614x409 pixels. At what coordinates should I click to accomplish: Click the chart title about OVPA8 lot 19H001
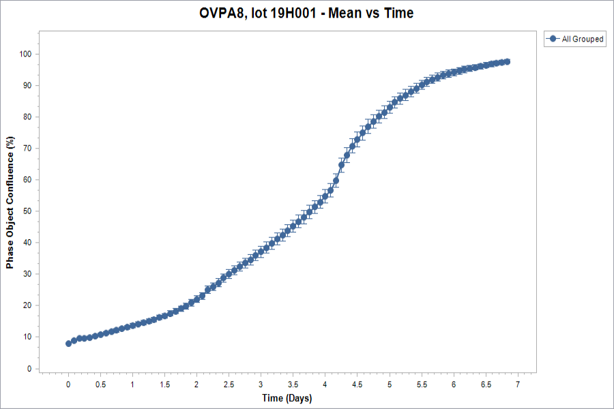pyautogui.click(x=306, y=13)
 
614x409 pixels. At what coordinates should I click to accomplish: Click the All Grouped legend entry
pyautogui.click(x=575, y=39)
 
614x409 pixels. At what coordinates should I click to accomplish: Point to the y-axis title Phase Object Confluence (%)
pyautogui.click(x=10, y=202)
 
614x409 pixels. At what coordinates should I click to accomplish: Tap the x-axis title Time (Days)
pyautogui.click(x=287, y=398)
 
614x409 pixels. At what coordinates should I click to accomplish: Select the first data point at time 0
pyautogui.click(x=68, y=344)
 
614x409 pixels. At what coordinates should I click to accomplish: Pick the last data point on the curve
pyautogui.click(x=507, y=62)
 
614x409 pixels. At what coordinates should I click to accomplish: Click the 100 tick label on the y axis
pyautogui.click(x=25, y=54)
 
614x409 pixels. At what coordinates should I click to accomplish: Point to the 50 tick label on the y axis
pyautogui.click(x=27, y=211)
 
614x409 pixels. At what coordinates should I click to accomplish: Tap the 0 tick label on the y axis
pyautogui.click(x=30, y=369)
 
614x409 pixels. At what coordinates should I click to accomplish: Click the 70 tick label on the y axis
pyautogui.click(x=27, y=149)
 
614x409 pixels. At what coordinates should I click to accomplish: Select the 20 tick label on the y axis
pyautogui.click(x=27, y=305)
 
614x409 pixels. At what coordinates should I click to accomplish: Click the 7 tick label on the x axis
pyautogui.click(x=518, y=384)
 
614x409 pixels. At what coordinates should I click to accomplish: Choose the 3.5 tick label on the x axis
pyautogui.click(x=293, y=384)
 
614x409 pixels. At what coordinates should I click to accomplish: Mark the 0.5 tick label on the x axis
pyautogui.click(x=101, y=384)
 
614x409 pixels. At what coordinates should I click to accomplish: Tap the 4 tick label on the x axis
pyautogui.click(x=325, y=384)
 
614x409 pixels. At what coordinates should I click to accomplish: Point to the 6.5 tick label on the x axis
pyautogui.click(x=486, y=384)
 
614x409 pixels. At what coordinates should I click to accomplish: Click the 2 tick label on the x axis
pyautogui.click(x=196, y=384)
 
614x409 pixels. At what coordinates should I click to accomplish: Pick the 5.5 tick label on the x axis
pyautogui.click(x=422, y=384)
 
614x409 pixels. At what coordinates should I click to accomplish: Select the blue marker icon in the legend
pyautogui.click(x=553, y=39)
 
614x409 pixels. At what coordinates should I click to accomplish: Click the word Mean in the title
pyautogui.click(x=345, y=13)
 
